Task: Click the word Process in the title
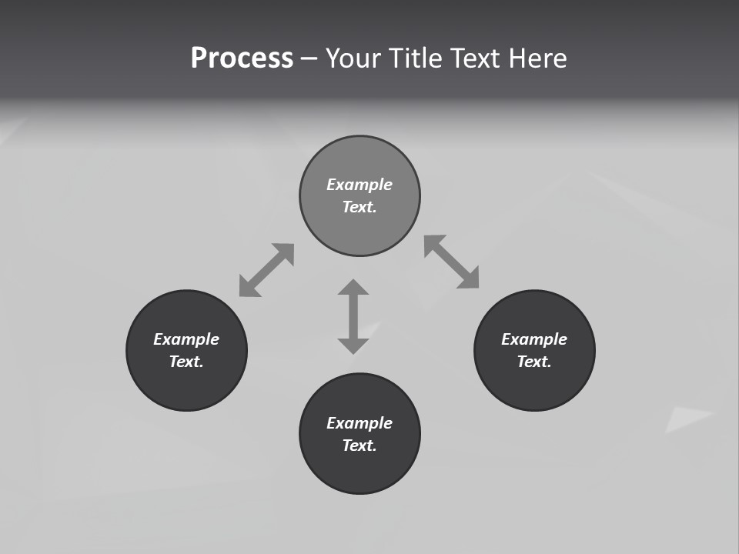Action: tap(242, 58)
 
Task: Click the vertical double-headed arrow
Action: tap(353, 317)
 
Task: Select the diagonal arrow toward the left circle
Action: tap(266, 270)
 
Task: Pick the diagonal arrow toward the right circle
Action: tap(452, 262)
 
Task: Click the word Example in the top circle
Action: tap(359, 185)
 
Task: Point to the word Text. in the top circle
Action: tap(359, 207)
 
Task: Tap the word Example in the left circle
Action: tap(186, 339)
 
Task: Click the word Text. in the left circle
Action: tap(186, 362)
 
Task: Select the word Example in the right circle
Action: tap(534, 339)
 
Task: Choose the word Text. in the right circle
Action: tap(534, 362)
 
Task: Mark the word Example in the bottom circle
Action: tap(359, 423)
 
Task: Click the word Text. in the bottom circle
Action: tap(359, 446)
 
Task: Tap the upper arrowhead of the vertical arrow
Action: tap(353, 288)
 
